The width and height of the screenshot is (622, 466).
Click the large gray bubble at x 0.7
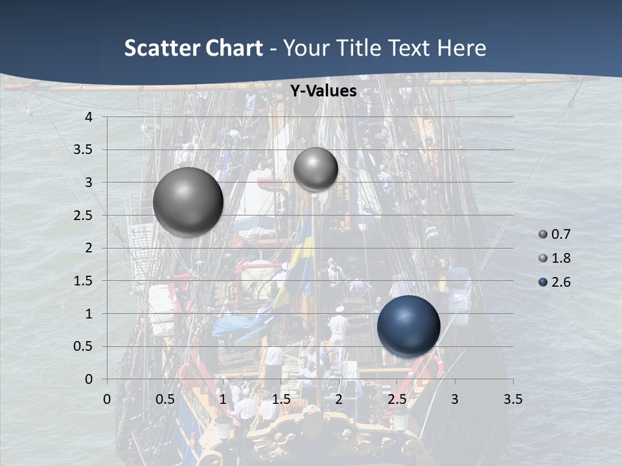[188, 202]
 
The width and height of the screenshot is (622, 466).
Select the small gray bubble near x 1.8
[316, 169]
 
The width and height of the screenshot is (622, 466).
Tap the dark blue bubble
[408, 326]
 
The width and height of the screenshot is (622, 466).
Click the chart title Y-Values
[323, 91]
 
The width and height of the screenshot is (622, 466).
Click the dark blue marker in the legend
[543, 282]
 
